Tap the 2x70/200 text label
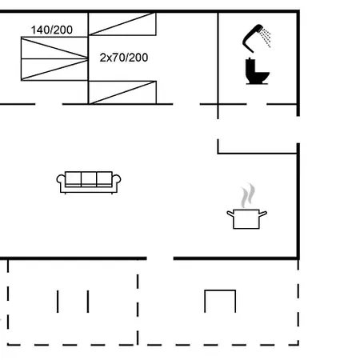(x=124, y=58)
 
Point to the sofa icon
(x=88, y=181)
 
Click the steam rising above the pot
(x=250, y=194)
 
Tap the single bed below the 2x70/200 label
(x=121, y=92)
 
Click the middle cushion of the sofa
(x=88, y=178)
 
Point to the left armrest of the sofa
(x=62, y=182)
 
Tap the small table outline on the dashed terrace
(x=220, y=301)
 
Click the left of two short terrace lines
(x=58, y=301)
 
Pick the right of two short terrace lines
(x=86, y=301)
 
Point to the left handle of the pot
(x=230, y=213)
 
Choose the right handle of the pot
(x=265, y=213)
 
